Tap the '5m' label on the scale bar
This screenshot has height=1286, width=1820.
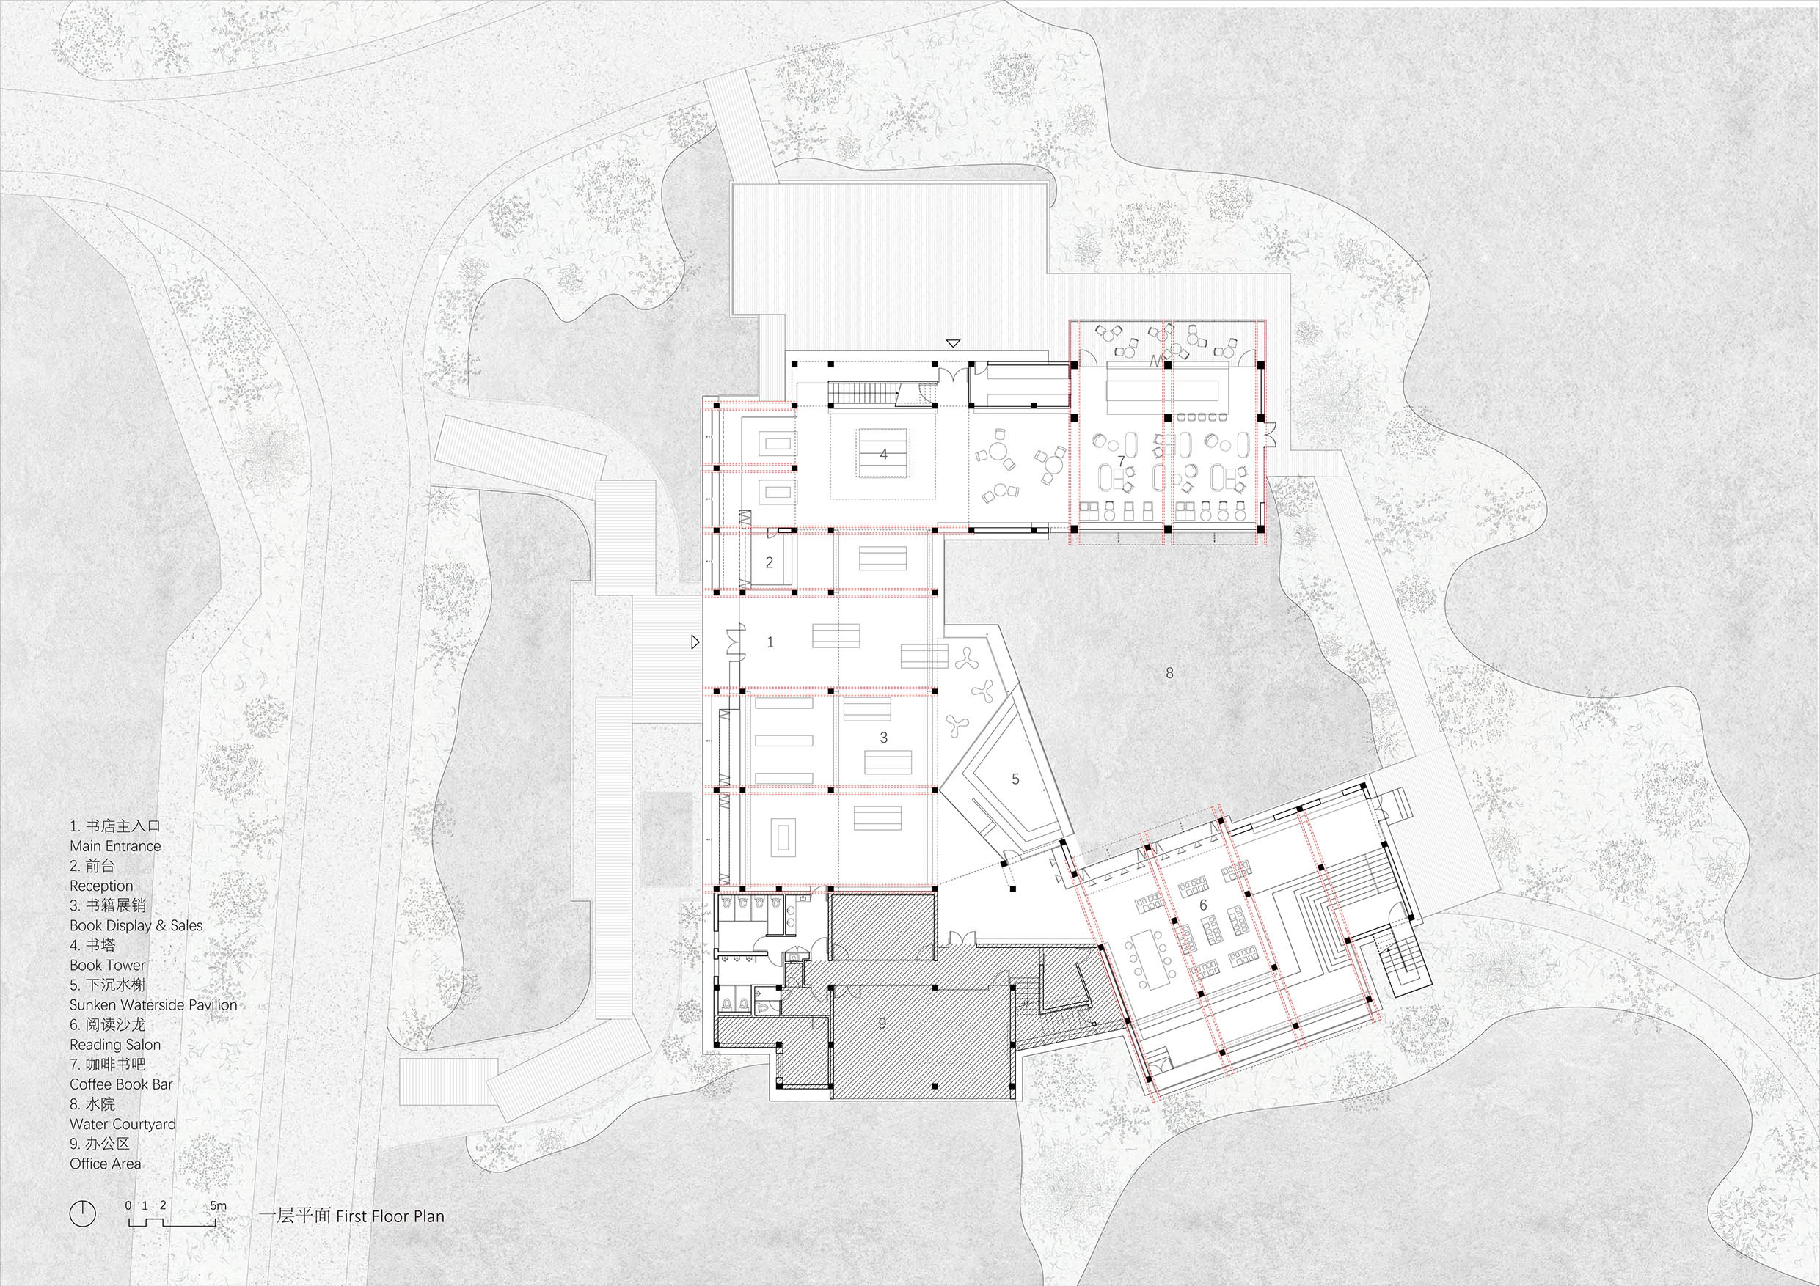[218, 1205]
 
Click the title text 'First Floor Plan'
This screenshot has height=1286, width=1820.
[390, 1216]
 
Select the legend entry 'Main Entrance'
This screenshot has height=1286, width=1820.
[115, 845]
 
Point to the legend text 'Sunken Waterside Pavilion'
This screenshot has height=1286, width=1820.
[153, 1004]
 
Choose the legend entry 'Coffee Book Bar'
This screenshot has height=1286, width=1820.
[121, 1084]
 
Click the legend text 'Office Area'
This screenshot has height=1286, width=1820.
[106, 1163]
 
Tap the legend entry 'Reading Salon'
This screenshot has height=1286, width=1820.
[115, 1044]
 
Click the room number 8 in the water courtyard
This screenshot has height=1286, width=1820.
[1169, 674]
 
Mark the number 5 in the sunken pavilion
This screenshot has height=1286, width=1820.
[1015, 779]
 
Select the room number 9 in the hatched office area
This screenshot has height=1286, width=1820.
[882, 1023]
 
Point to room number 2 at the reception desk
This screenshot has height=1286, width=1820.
[769, 563]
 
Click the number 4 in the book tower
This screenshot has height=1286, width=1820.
[883, 455]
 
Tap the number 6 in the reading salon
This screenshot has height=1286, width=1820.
[1202, 905]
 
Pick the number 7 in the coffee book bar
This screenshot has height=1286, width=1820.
[1121, 460]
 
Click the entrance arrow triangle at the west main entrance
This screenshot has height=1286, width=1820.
[695, 642]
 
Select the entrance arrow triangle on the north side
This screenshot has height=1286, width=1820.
[954, 343]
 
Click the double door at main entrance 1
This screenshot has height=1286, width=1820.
[734, 642]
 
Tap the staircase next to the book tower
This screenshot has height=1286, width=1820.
[863, 394]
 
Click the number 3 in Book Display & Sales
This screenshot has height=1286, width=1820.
[884, 738]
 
